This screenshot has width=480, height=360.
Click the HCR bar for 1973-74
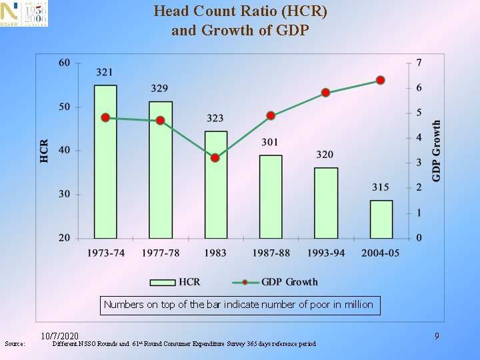(105, 161)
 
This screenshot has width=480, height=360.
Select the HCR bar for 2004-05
(381, 219)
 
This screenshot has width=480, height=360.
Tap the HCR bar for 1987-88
(271, 197)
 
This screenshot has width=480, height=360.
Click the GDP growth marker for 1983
(215, 158)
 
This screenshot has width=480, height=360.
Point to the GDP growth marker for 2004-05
(381, 80)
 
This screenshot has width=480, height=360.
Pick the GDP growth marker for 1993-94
(326, 93)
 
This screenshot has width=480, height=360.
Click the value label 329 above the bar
(159, 89)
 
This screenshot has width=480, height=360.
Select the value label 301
(270, 142)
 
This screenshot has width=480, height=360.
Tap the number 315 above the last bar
(381, 187)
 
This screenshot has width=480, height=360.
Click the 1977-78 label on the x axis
(161, 253)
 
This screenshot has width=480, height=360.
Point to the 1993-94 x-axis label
(326, 253)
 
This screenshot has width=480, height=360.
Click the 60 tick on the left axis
(65, 63)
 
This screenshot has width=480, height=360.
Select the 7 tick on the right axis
(419, 63)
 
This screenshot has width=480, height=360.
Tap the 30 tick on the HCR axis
(65, 194)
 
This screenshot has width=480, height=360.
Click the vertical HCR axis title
(44, 151)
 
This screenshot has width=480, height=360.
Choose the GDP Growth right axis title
(436, 151)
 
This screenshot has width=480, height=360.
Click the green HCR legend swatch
(163, 282)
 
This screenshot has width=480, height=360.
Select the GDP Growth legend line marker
(245, 282)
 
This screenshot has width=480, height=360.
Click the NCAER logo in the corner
(24, 13)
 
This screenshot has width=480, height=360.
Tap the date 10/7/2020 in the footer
(60, 336)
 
